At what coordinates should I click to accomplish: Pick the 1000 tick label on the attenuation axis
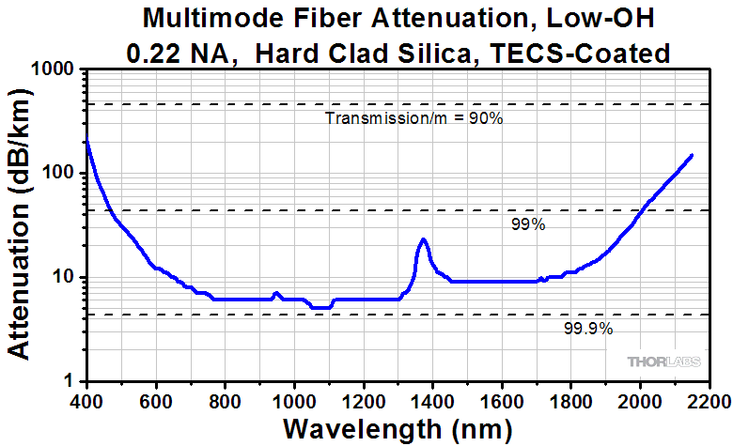55,69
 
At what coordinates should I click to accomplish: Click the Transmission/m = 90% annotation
414,118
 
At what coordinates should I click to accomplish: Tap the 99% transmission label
529,225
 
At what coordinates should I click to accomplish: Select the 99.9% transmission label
588,328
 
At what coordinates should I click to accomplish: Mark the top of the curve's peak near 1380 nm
424,239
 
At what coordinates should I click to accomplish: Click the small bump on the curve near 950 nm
276,294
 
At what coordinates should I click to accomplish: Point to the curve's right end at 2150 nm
693,155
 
